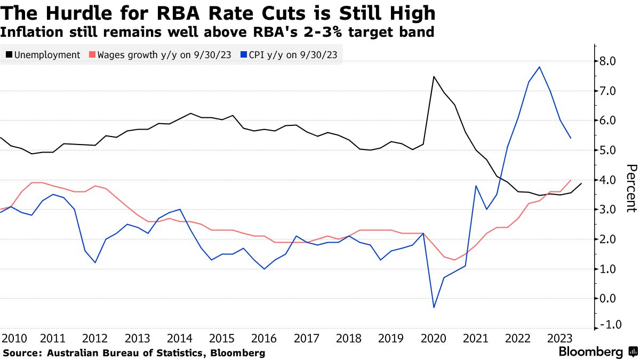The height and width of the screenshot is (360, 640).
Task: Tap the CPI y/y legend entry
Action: tap(291, 55)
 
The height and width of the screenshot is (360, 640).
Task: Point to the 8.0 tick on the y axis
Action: tap(608, 61)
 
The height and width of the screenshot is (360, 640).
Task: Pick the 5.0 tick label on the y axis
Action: tap(608, 150)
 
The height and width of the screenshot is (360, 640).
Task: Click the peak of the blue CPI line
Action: tap(540, 67)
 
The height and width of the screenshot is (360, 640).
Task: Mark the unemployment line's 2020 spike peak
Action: tap(434, 77)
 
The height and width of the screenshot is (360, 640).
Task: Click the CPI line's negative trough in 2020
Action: tap(434, 307)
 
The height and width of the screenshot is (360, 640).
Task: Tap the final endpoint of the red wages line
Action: tap(571, 180)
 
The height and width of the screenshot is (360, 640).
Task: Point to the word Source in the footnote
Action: tap(22, 353)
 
